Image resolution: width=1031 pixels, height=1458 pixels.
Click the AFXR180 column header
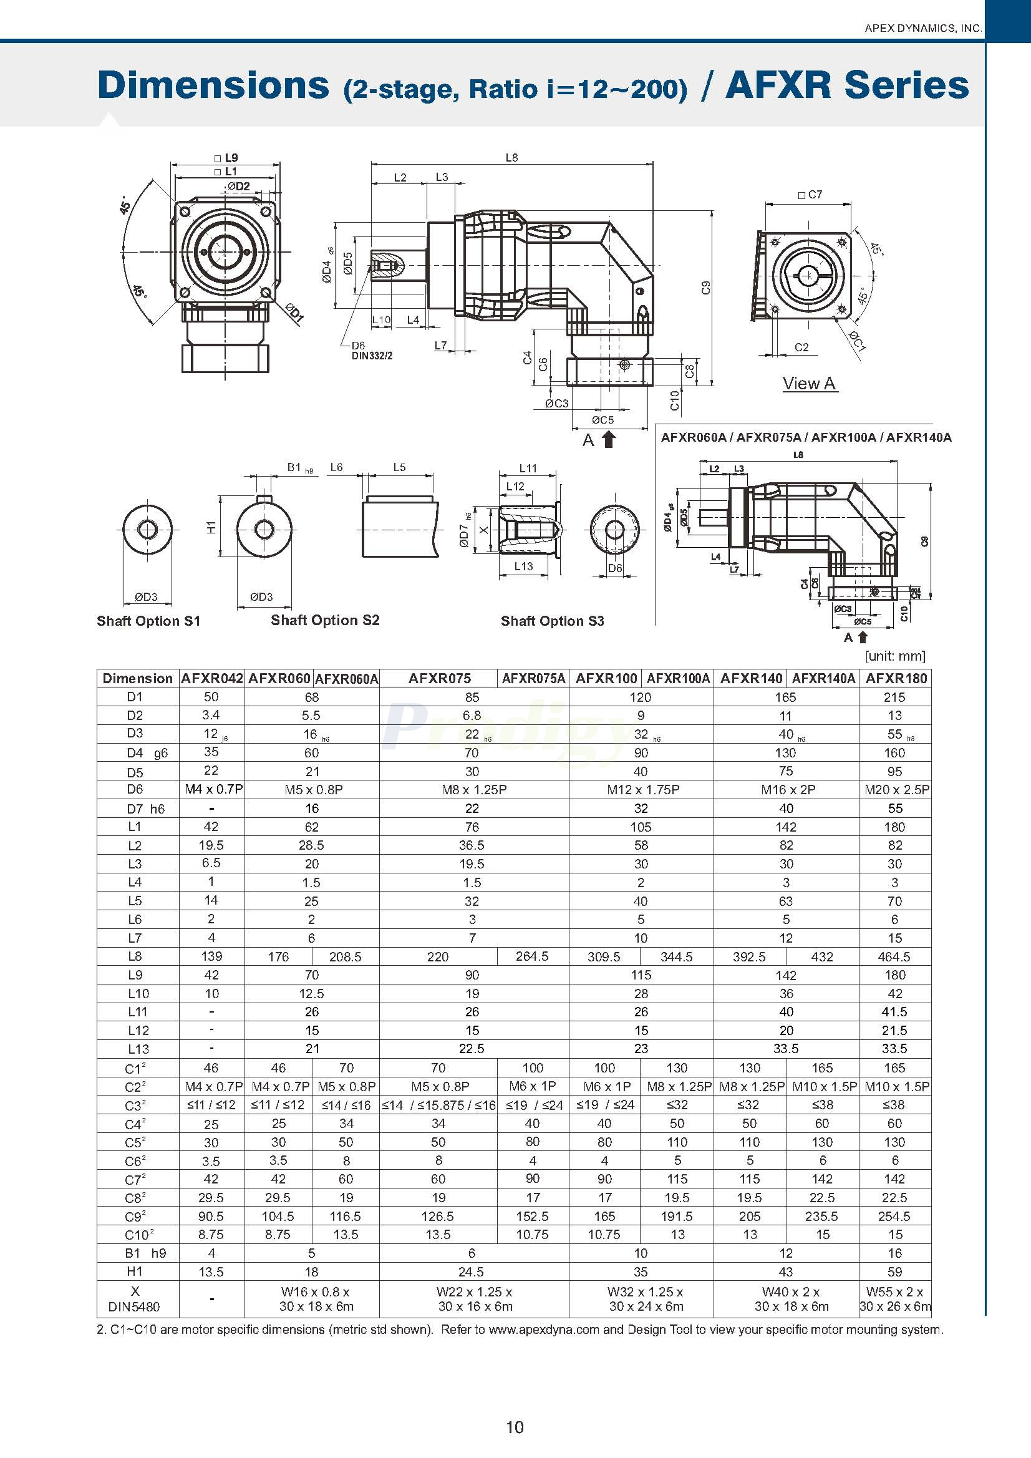click(x=896, y=678)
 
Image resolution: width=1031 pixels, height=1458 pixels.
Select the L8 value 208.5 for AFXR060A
click(x=346, y=956)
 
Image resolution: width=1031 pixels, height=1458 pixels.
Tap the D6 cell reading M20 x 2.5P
click(x=896, y=789)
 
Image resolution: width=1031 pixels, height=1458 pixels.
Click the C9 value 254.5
click(x=894, y=1216)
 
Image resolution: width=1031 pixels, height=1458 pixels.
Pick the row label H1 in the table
click(x=135, y=1271)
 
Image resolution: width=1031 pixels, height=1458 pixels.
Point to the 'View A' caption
click(x=809, y=383)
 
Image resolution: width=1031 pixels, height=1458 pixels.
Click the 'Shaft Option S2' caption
click(x=324, y=620)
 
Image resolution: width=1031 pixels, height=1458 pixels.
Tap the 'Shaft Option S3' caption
click(x=552, y=620)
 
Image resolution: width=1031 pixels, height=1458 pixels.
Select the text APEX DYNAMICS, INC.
click(x=923, y=28)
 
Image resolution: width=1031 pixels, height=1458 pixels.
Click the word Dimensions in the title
click(x=213, y=85)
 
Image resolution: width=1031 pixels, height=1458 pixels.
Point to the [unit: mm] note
click(x=894, y=655)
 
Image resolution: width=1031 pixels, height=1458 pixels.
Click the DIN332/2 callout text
click(x=372, y=356)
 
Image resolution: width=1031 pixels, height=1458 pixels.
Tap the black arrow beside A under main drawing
click(x=608, y=439)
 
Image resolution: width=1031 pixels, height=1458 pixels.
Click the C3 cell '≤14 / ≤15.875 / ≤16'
click(x=438, y=1105)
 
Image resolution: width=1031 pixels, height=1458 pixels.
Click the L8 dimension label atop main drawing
click(x=511, y=157)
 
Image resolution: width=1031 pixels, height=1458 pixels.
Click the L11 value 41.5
click(x=894, y=1011)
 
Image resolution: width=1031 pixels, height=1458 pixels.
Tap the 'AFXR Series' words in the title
click(x=847, y=85)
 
